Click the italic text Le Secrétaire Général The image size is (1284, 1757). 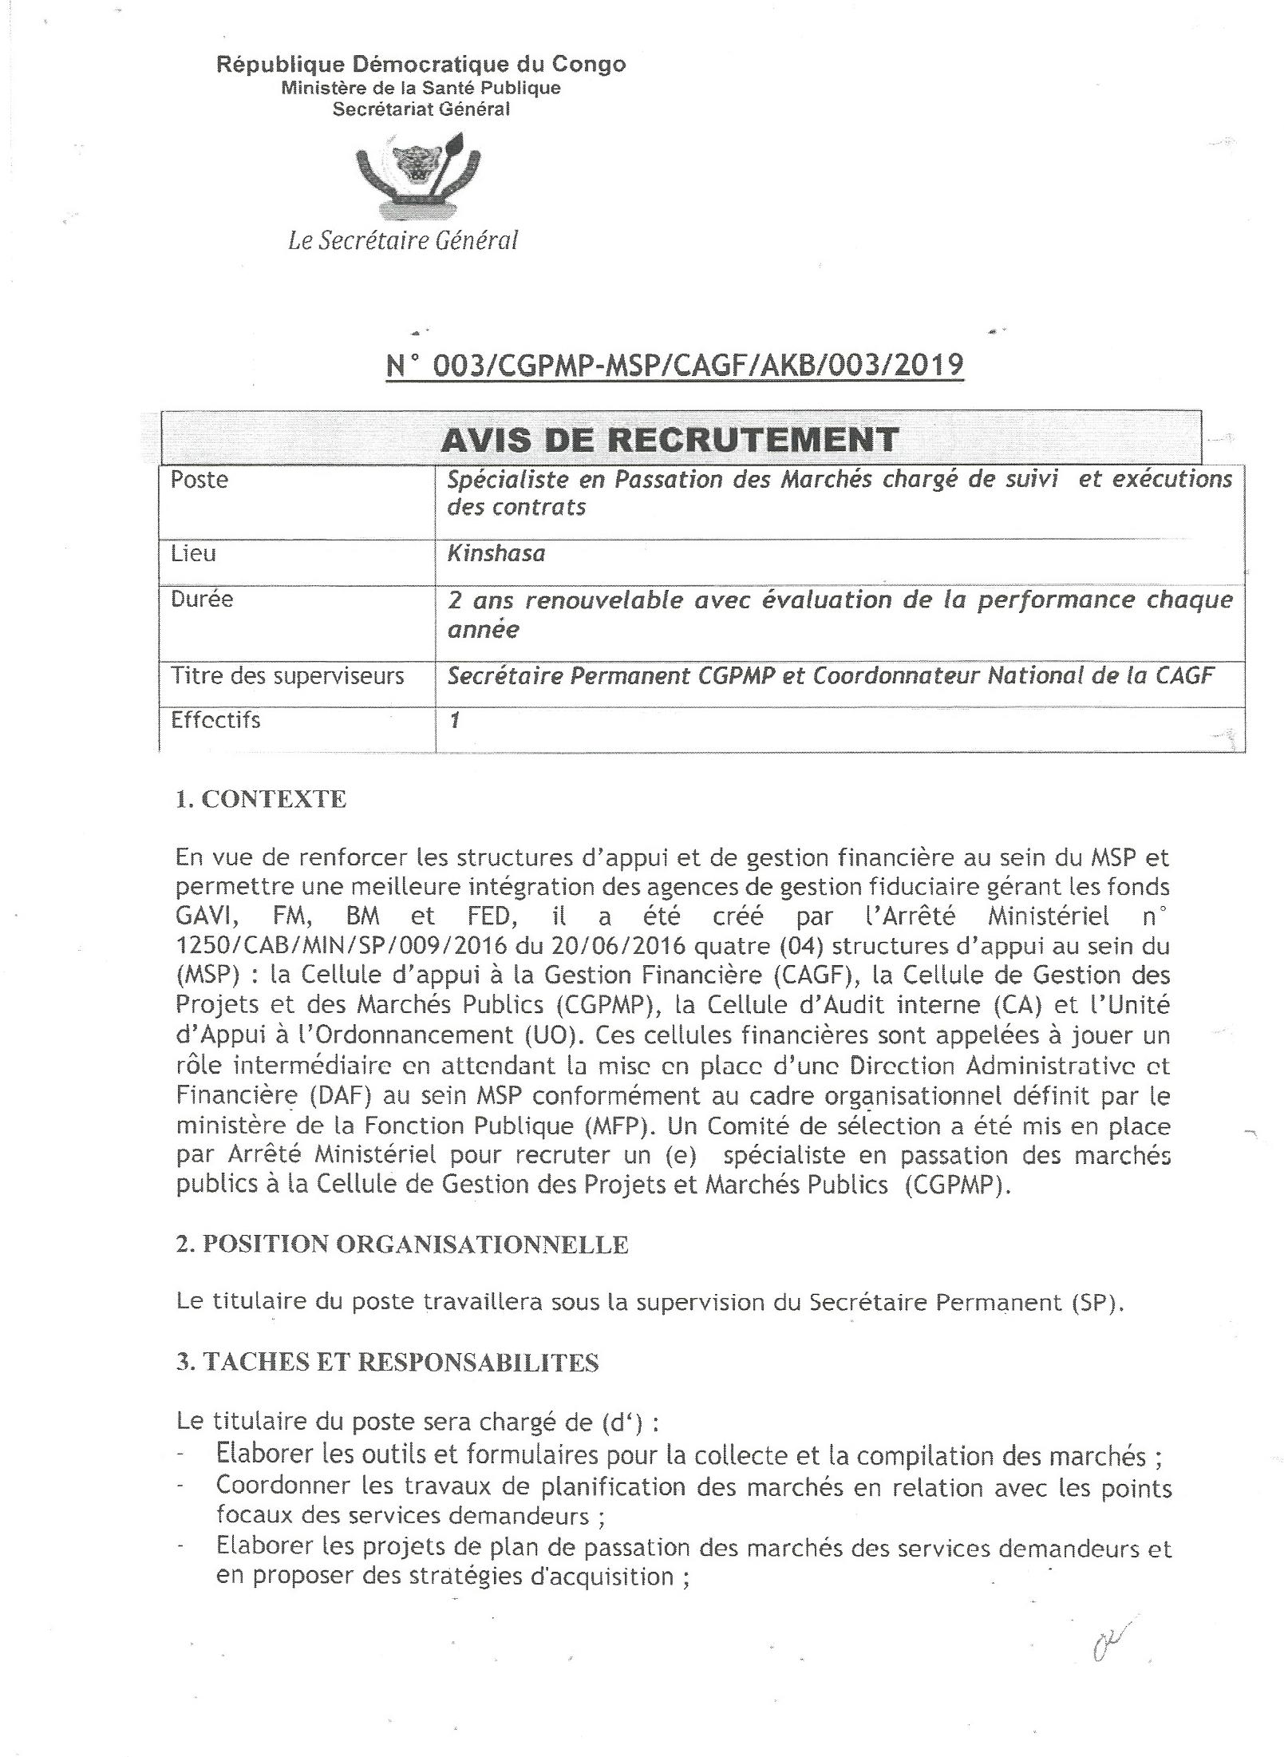point(403,240)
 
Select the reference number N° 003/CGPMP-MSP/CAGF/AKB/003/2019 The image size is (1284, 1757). point(674,365)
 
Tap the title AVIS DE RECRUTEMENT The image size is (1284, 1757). point(670,439)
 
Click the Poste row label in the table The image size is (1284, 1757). point(200,480)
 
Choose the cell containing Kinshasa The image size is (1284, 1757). point(496,553)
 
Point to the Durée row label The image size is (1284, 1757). point(202,599)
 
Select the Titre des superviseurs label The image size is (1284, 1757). point(287,676)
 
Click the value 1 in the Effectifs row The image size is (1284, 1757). point(455,720)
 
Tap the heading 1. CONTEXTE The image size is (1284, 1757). point(261,799)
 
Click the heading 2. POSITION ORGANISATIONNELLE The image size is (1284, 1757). point(402,1244)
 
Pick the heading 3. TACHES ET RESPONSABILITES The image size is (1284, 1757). point(387,1362)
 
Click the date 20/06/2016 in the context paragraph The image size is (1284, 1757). point(618,946)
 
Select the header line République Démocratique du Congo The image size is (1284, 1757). point(421,65)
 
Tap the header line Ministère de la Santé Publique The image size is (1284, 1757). point(421,88)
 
